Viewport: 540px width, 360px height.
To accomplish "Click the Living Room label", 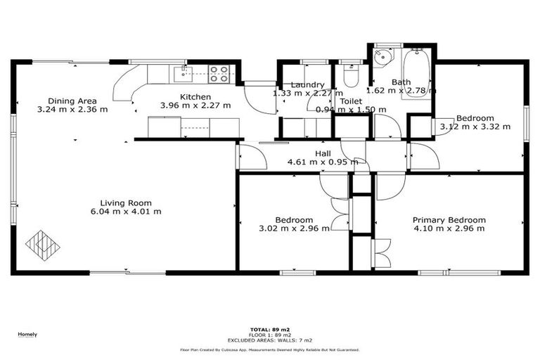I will click(x=126, y=202).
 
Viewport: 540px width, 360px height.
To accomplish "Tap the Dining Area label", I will click(x=72, y=101).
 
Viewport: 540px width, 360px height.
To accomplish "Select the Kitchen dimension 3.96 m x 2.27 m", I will click(x=195, y=105).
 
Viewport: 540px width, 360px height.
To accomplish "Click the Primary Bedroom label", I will click(x=449, y=219).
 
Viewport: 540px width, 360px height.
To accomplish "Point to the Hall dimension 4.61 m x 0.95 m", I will click(x=323, y=162).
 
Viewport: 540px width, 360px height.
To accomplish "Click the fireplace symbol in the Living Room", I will click(x=42, y=243).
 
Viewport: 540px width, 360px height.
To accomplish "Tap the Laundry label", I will click(x=307, y=84).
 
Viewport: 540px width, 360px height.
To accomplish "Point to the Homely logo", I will click(x=27, y=335).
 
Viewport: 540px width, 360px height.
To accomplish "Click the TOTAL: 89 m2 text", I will click(x=269, y=329).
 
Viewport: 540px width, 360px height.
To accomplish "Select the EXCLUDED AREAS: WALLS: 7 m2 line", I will click(x=269, y=340).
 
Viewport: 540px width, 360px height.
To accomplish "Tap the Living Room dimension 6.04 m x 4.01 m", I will click(x=126, y=212).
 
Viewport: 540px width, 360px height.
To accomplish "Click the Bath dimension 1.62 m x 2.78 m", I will click(x=401, y=91).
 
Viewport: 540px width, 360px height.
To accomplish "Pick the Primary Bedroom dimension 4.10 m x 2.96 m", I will click(x=449, y=229).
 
